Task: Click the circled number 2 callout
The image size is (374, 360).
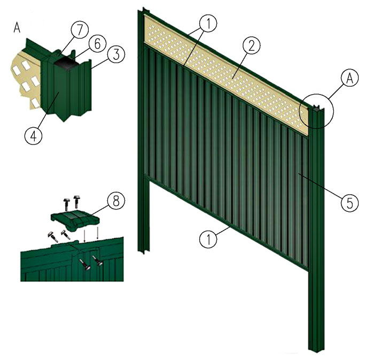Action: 252,46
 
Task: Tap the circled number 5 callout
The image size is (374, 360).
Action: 349,203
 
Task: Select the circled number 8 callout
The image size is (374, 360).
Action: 116,202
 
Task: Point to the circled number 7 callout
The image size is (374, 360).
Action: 80,30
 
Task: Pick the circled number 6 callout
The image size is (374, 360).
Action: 97,44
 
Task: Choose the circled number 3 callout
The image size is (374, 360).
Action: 116,54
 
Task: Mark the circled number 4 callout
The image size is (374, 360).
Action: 34,136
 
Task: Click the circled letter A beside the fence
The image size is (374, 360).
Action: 349,79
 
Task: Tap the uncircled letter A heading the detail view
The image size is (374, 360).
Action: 17,28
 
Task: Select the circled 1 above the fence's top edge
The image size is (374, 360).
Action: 208,24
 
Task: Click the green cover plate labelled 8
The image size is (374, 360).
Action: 75,218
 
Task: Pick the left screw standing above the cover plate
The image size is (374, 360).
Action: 66,204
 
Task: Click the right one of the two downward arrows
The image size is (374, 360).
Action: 98,234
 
